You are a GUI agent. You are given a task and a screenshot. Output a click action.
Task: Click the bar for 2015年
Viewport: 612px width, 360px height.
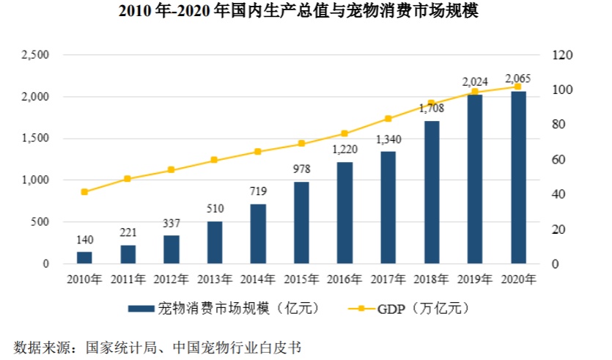[301, 222]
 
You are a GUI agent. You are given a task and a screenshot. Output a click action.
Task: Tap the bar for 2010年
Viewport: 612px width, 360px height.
[84, 257]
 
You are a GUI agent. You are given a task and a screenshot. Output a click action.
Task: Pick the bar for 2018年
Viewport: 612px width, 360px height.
[432, 191]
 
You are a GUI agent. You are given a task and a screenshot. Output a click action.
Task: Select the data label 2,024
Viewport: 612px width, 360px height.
[475, 81]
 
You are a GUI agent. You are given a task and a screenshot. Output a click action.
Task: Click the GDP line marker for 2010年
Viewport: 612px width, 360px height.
[84, 192]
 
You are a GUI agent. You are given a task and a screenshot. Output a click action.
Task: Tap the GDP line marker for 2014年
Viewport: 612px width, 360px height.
[258, 152]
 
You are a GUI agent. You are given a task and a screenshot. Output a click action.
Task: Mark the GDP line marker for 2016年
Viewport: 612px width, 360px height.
[344, 133]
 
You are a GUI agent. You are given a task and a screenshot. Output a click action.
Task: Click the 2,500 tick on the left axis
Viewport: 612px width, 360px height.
[34, 55]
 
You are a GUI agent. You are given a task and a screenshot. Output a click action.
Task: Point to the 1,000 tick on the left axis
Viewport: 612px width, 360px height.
[34, 180]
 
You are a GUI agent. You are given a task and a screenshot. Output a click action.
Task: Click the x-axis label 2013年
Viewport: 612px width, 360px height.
[215, 279]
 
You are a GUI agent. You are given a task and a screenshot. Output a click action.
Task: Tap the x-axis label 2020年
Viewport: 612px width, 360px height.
[518, 279]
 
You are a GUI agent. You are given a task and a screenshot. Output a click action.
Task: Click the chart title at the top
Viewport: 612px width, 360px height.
[306, 13]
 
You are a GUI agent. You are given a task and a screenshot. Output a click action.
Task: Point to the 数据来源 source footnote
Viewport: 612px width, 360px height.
[158, 345]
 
